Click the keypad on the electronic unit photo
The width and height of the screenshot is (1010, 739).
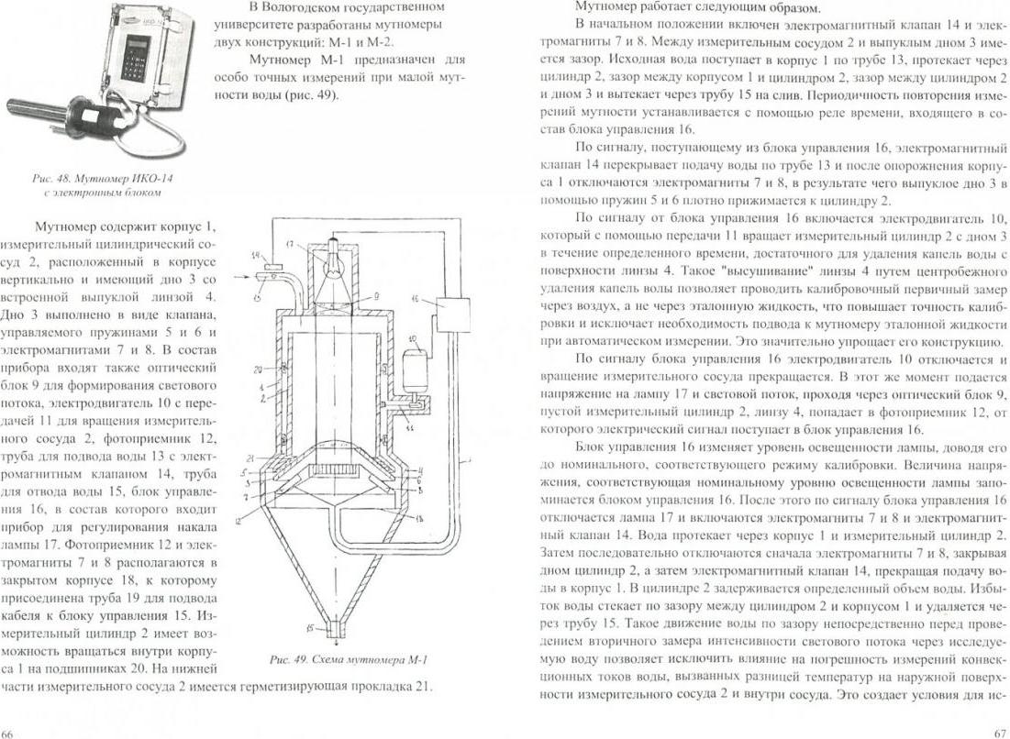pyautogui.click(x=135, y=54)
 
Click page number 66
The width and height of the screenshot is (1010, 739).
pyautogui.click(x=8, y=733)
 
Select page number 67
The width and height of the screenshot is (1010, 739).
pyautogui.click(x=1000, y=733)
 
